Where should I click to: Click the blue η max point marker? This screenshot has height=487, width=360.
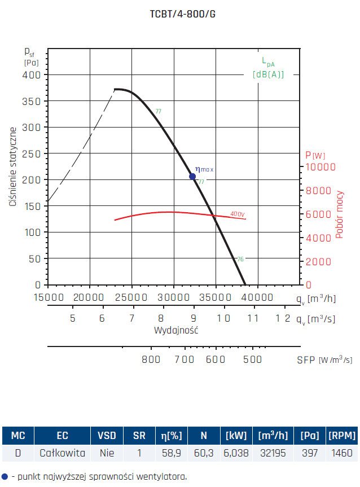[x=192, y=177]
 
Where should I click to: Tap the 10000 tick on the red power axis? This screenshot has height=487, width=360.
[x=321, y=167]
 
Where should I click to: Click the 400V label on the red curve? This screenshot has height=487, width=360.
[x=238, y=214]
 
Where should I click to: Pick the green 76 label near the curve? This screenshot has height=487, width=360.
[x=240, y=259]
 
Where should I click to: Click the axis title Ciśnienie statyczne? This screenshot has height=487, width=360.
[x=12, y=167]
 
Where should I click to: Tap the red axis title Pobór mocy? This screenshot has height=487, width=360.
[x=340, y=214]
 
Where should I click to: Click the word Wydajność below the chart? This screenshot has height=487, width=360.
[x=176, y=330]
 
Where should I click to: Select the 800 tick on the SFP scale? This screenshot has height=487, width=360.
[x=151, y=359]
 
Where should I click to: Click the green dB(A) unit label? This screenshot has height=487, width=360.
[x=268, y=74]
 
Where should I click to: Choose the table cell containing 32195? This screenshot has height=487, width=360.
[x=274, y=453]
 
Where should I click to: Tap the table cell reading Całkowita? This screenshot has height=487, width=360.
[x=62, y=453]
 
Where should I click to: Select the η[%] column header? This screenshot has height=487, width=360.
[x=169, y=435]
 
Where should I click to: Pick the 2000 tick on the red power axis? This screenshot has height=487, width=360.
[x=319, y=262]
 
